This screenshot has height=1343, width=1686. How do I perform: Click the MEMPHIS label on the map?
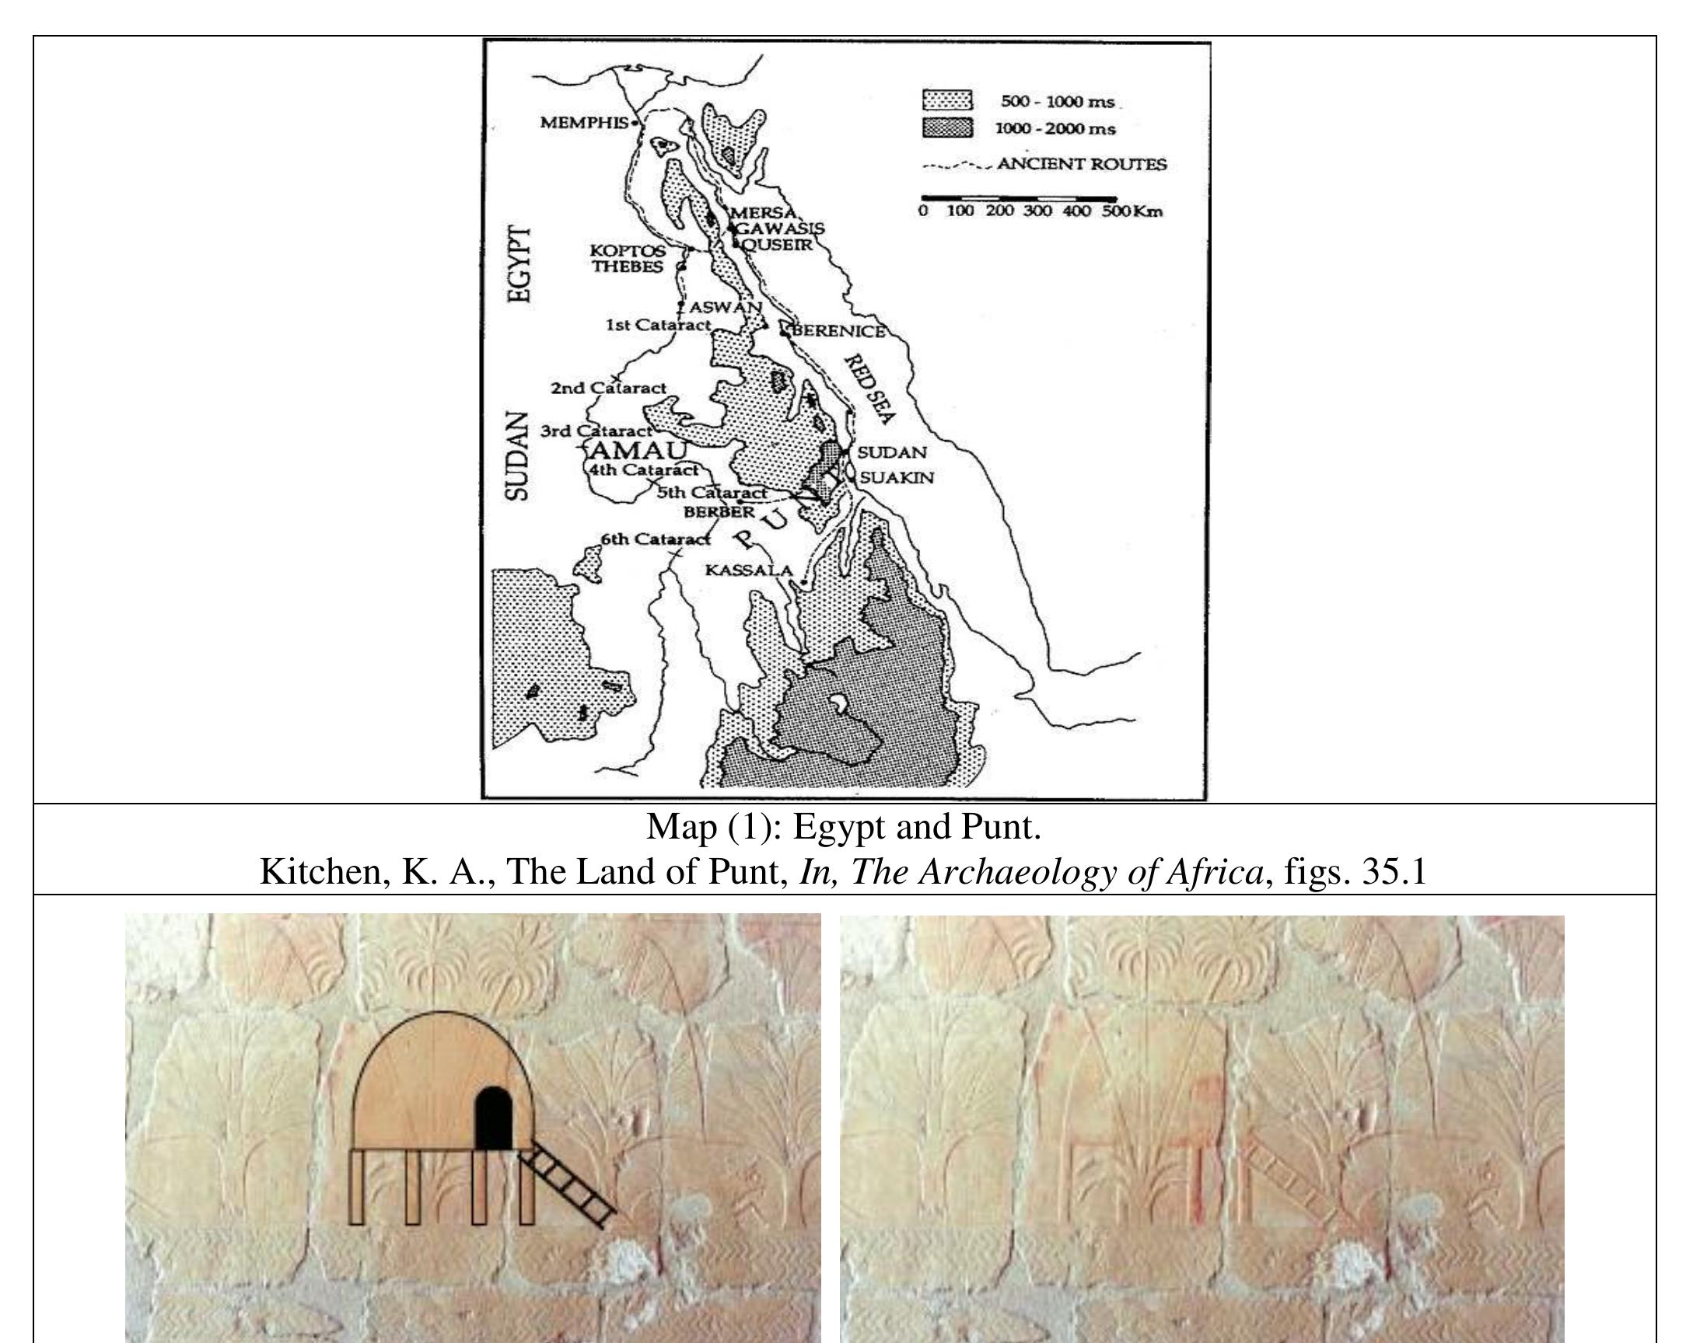click(584, 123)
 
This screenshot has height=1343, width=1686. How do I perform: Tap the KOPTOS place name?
click(628, 251)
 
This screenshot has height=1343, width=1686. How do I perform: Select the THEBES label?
click(627, 267)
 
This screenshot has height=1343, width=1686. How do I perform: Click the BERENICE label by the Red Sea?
click(839, 330)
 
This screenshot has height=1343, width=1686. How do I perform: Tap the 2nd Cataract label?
click(608, 388)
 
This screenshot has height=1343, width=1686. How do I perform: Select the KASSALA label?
click(748, 570)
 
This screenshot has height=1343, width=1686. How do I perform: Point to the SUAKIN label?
click(897, 477)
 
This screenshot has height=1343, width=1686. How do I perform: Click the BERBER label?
click(719, 512)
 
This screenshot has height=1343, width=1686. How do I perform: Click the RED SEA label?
click(869, 389)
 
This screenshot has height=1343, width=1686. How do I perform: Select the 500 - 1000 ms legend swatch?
click(947, 101)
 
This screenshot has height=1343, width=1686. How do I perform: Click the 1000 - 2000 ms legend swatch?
click(947, 128)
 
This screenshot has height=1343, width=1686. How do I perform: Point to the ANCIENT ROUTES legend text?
click(1082, 164)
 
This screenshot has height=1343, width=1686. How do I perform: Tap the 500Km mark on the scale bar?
click(1132, 212)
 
